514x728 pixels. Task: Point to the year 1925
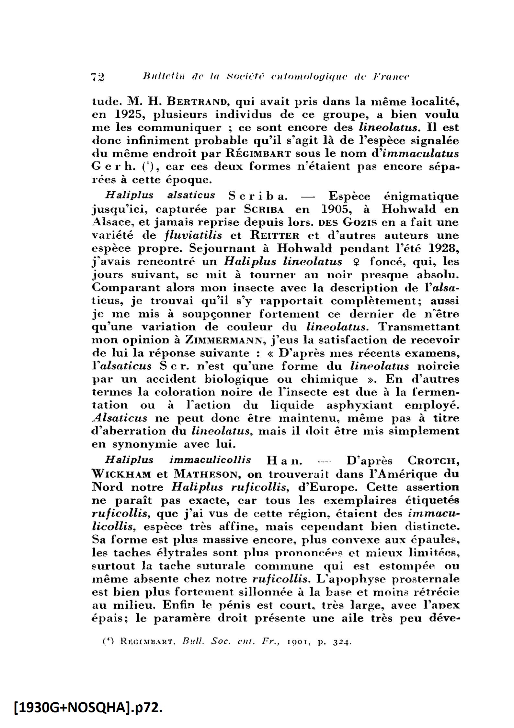(x=128, y=115)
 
